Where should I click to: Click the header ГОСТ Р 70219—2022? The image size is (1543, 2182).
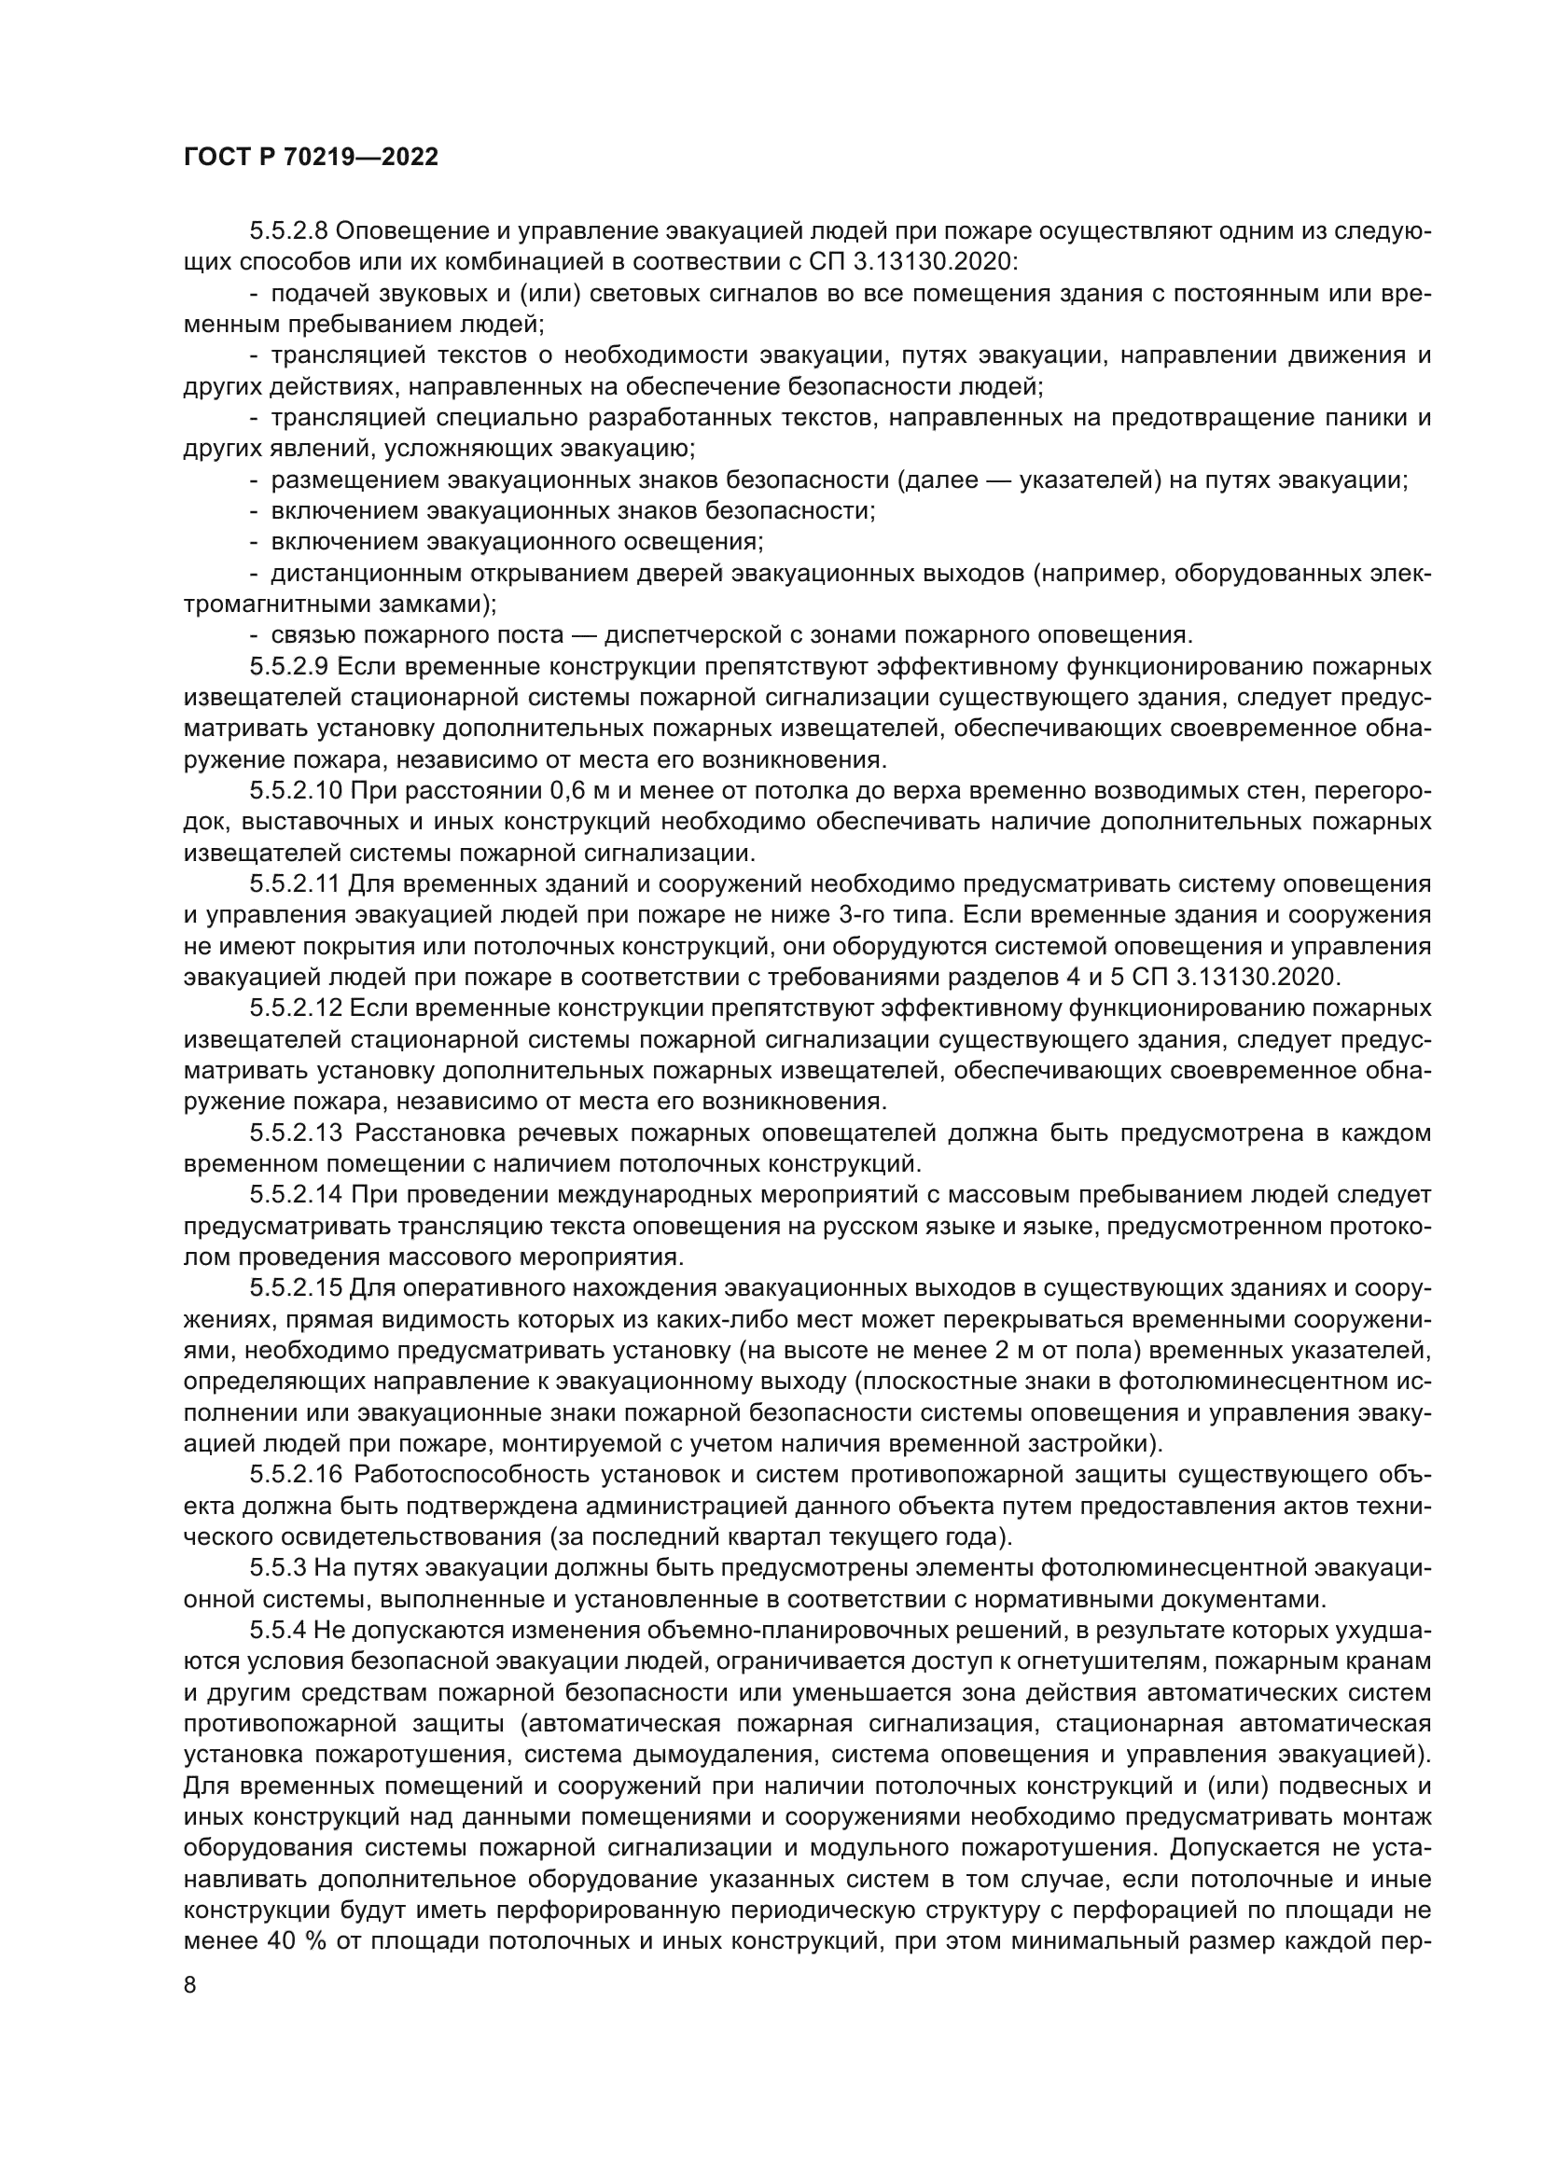[x=311, y=158]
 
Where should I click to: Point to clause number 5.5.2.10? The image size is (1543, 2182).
[x=296, y=791]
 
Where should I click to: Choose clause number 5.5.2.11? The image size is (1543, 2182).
[x=295, y=883]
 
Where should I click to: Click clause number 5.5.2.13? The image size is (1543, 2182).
[x=296, y=1133]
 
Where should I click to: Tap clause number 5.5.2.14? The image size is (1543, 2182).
[x=296, y=1195]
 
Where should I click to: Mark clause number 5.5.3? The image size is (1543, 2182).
[x=278, y=1567]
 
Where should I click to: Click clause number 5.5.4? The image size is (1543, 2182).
[x=278, y=1630]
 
